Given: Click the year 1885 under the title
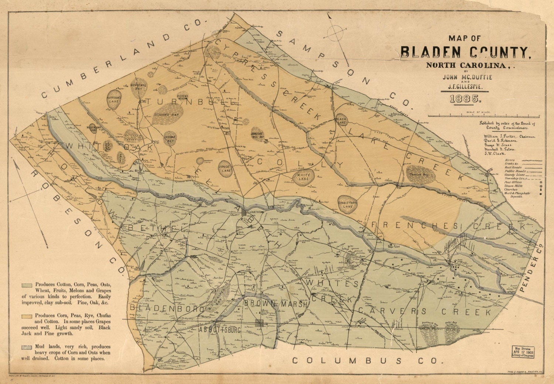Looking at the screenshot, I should (x=464, y=99).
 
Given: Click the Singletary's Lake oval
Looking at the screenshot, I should (x=347, y=204).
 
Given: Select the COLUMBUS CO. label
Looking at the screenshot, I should (x=365, y=360).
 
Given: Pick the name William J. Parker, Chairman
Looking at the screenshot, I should (x=509, y=136).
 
